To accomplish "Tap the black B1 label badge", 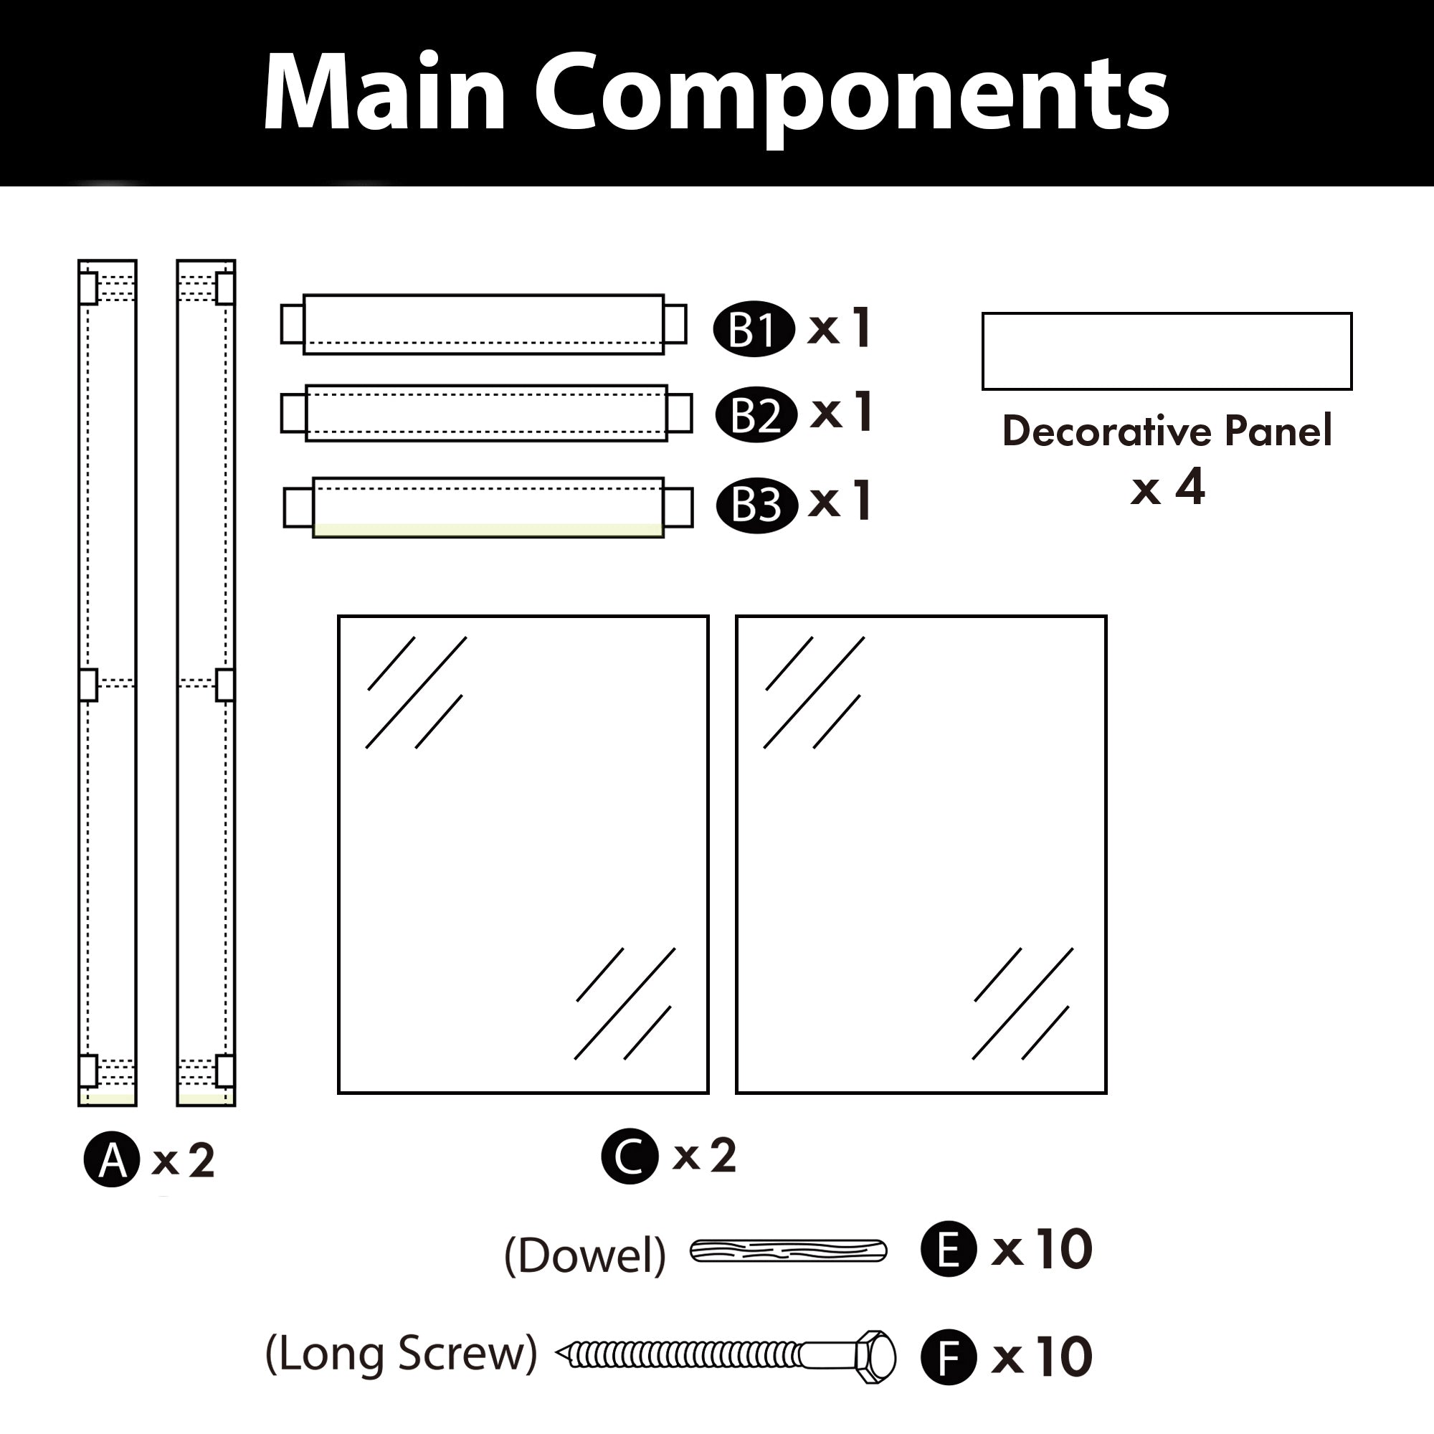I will (x=754, y=329).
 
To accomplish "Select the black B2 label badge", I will (x=756, y=415).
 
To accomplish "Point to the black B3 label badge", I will (x=756, y=505).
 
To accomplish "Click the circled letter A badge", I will (x=111, y=1159).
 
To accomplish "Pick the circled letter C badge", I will (x=630, y=1156).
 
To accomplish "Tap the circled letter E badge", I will (x=948, y=1248).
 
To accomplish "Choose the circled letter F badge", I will (x=948, y=1357).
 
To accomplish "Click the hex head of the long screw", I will (x=876, y=1357).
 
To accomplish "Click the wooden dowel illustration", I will (x=788, y=1250).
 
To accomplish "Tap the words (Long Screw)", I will (x=401, y=1353).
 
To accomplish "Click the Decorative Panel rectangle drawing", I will (x=1167, y=351).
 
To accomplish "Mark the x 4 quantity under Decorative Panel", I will (x=1167, y=488).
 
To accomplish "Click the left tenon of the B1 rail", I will (x=293, y=324).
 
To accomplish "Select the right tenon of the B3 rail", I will (x=678, y=508).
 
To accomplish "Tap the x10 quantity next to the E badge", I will (x=1042, y=1249).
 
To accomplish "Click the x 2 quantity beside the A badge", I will (x=184, y=1160).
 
